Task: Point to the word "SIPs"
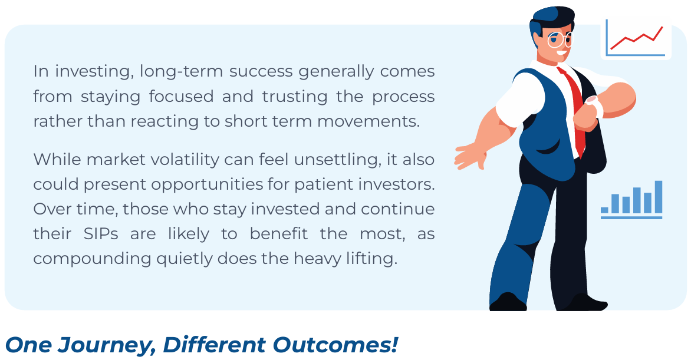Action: coord(101,233)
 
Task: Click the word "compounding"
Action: coord(92,259)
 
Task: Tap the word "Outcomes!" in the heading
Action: coord(335,344)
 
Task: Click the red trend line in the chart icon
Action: coord(636,38)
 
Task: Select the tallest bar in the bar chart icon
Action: coord(659,197)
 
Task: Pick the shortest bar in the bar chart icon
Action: coord(605,210)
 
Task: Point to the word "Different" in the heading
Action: coord(214,345)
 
